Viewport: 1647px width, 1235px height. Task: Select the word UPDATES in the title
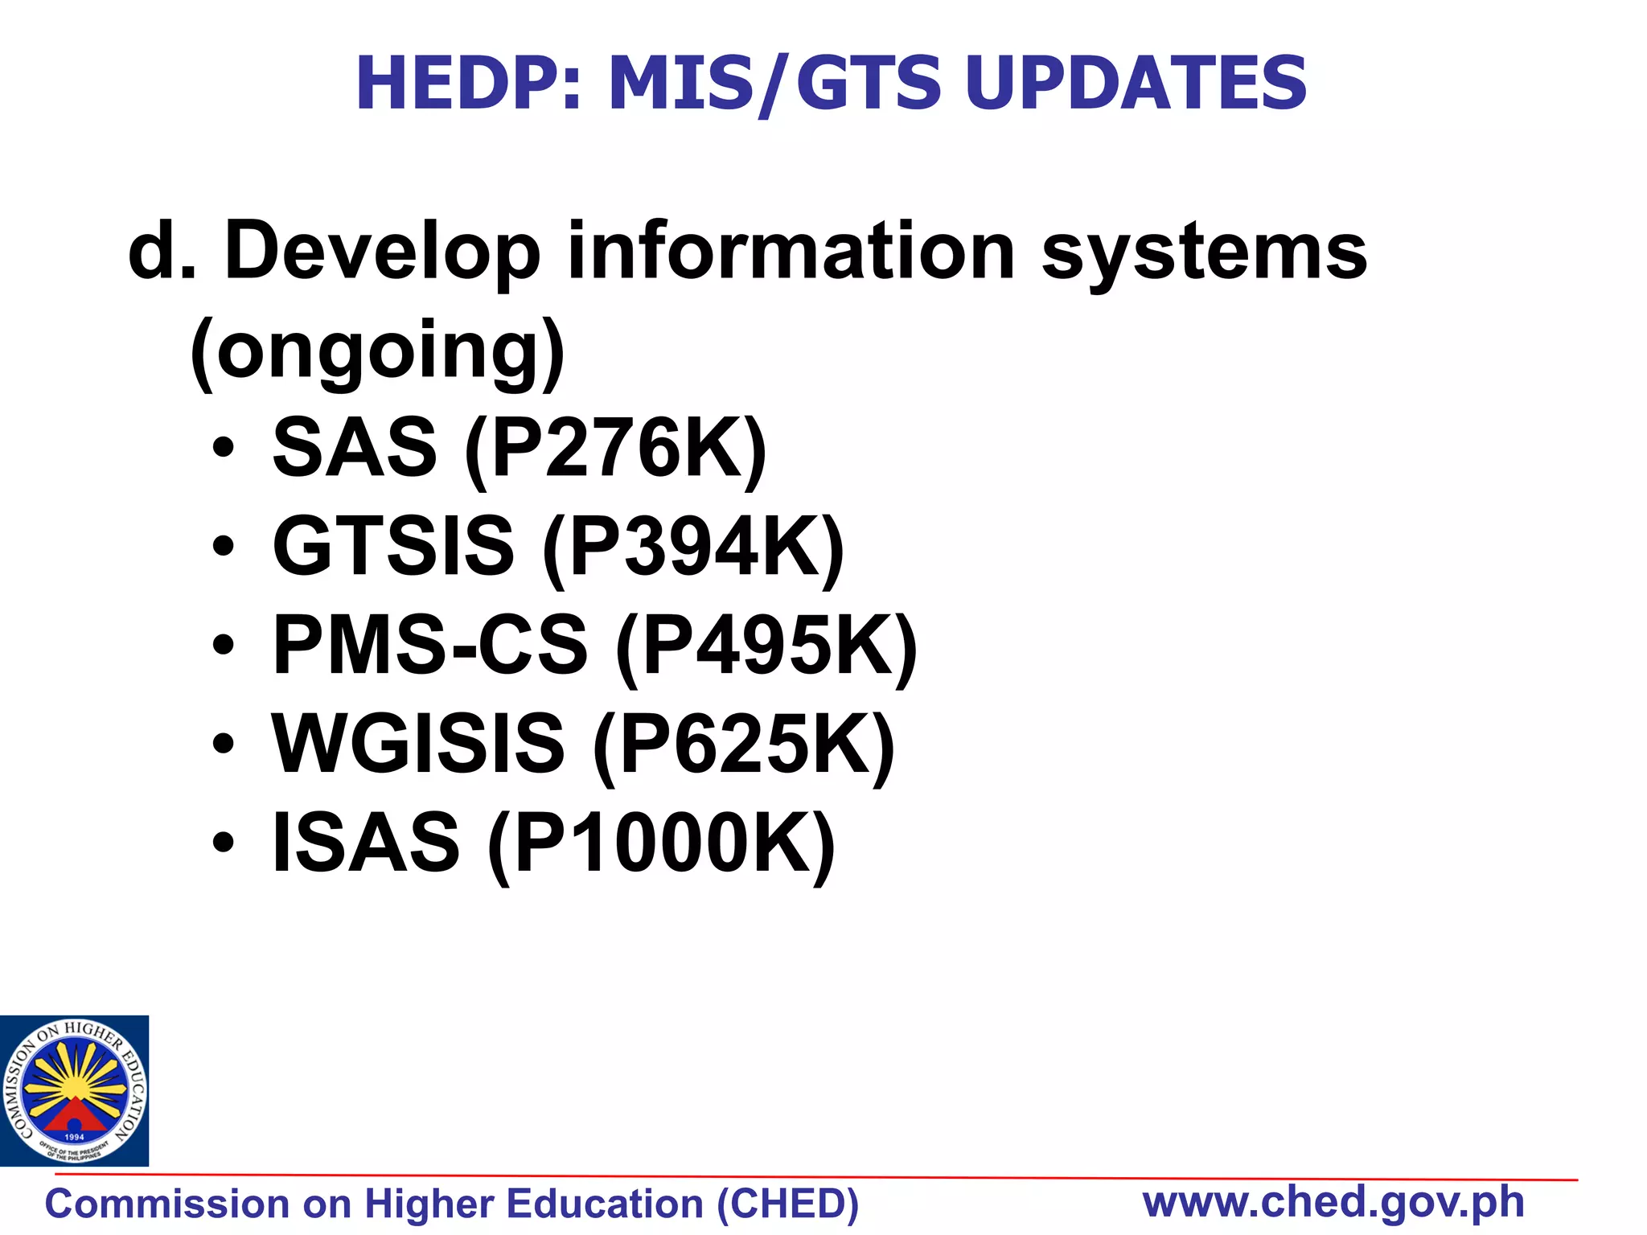(x=1136, y=83)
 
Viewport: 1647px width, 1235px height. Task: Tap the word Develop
(x=383, y=252)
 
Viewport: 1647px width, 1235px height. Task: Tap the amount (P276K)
(x=616, y=449)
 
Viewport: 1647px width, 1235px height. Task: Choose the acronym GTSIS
(x=393, y=547)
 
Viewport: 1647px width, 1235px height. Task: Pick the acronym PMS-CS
(x=430, y=646)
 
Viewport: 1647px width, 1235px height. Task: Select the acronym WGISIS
(x=418, y=745)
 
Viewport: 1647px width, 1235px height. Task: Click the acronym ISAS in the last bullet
(x=366, y=843)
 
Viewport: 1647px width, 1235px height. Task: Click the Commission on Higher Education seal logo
(x=74, y=1090)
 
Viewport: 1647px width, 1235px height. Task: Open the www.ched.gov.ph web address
(x=1333, y=1202)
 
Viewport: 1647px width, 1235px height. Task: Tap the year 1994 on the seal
(x=74, y=1137)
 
